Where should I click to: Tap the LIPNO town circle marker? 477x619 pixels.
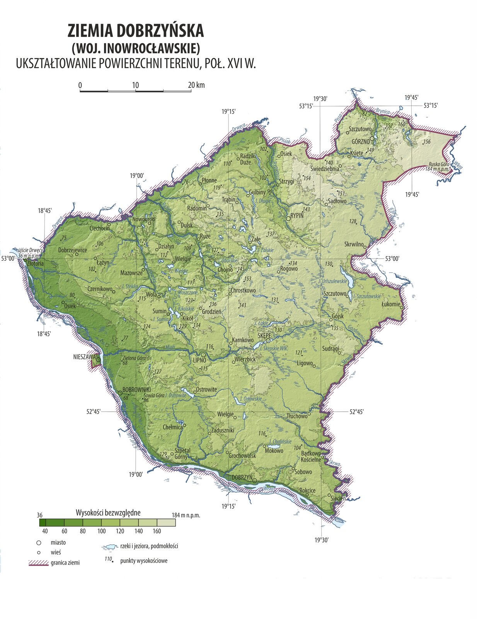(203, 354)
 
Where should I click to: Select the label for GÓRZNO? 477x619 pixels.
(361, 142)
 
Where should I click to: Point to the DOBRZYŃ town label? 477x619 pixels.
(242, 477)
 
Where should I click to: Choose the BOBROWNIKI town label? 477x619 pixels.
(136, 389)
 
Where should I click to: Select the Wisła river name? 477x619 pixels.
(269, 489)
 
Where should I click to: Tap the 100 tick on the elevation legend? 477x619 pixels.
(101, 531)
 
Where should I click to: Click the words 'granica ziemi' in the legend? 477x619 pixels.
(65, 563)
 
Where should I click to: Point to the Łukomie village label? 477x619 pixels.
(391, 304)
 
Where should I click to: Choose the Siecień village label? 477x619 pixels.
(338, 498)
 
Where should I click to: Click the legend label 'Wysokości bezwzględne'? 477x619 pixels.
(108, 513)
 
